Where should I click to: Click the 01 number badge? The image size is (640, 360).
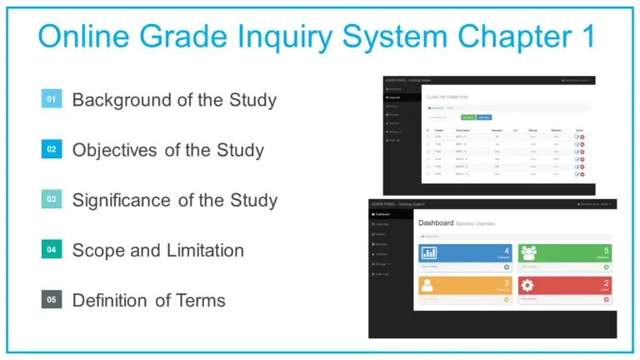pos(52,99)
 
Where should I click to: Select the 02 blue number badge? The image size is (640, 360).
pos(52,149)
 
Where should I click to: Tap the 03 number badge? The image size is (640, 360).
pos(52,199)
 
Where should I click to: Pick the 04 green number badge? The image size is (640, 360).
pos(52,249)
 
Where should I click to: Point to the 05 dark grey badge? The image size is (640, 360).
pos(52,299)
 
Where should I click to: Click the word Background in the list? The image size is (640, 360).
pos(121,100)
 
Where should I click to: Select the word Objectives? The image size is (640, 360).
pos(114,150)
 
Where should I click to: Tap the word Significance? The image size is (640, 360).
pos(122,200)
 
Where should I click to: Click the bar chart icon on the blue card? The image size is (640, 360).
pos(430,252)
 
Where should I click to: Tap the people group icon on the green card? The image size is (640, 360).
pos(530,252)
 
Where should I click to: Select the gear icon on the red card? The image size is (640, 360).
pos(530,285)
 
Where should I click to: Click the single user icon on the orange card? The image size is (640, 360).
pos(429,285)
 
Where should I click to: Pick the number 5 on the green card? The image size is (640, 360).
pos(606,250)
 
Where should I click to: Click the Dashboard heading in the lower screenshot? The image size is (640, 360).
pos(435,223)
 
